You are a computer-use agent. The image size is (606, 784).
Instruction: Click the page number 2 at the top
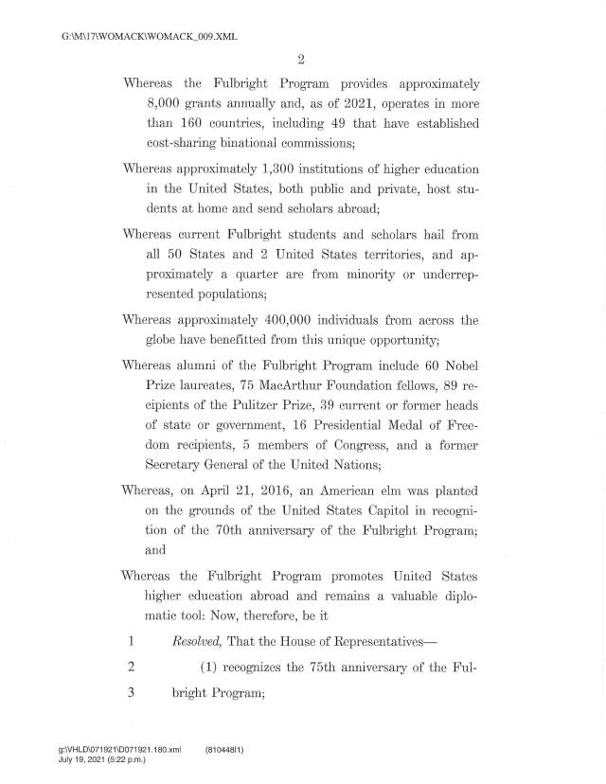tap(300, 61)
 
